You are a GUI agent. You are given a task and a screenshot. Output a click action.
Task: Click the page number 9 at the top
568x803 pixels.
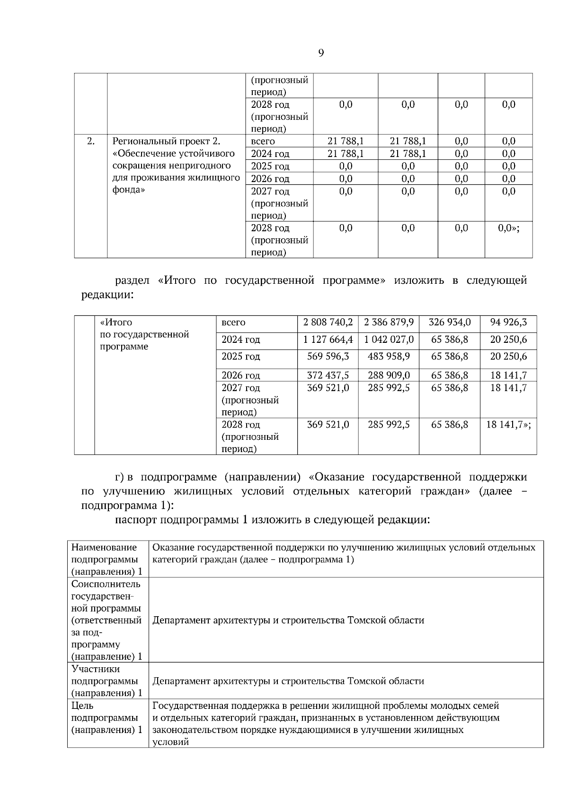click(x=321, y=53)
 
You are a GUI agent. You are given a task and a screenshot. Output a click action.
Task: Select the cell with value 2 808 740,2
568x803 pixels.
click(x=328, y=323)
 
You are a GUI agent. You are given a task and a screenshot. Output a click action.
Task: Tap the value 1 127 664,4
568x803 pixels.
click(x=328, y=340)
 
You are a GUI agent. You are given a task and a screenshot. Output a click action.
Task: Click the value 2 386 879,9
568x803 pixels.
click(x=389, y=323)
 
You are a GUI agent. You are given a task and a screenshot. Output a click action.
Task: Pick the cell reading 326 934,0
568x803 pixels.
click(x=449, y=323)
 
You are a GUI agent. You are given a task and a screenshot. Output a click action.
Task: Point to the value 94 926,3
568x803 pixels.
click(x=508, y=323)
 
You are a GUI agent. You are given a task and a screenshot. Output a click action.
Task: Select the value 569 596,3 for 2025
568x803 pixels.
click(x=328, y=356)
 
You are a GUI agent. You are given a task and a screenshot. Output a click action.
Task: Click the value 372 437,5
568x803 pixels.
click(x=328, y=375)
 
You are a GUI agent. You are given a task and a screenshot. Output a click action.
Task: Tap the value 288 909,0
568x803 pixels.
click(x=389, y=375)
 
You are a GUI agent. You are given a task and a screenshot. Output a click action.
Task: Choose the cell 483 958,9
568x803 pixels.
click(x=389, y=356)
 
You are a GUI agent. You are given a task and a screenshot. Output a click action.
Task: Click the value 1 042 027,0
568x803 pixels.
click(x=389, y=340)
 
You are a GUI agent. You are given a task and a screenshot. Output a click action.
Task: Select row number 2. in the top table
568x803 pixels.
click(x=91, y=141)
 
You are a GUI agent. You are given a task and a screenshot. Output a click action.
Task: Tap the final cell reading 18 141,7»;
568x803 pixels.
click(x=508, y=424)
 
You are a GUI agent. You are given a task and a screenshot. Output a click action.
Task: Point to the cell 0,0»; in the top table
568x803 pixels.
click(x=508, y=228)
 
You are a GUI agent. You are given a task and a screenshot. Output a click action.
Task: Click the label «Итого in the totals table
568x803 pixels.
click(x=116, y=323)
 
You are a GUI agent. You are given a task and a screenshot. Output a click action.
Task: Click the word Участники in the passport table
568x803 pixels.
click(x=95, y=669)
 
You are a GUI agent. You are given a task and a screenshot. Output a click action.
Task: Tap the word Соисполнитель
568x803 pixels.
click(x=106, y=584)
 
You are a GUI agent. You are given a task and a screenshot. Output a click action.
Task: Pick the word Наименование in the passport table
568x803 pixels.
click(x=104, y=547)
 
